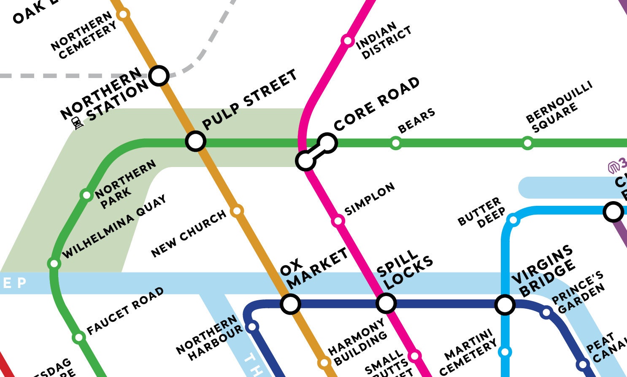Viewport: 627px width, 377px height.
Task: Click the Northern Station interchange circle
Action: (159, 76)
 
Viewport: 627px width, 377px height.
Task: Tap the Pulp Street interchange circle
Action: (196, 141)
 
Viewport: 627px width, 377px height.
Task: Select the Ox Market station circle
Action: (291, 304)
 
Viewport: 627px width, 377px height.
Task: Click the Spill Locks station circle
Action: (386, 303)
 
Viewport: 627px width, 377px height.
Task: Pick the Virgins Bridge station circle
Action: (505, 304)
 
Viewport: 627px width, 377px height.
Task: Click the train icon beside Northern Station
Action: (78, 124)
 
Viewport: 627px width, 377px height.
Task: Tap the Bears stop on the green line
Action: (395, 143)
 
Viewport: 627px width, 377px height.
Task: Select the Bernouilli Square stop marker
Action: (527, 143)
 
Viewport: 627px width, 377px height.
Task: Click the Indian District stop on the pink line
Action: (347, 41)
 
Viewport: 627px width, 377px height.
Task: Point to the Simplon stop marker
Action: (338, 221)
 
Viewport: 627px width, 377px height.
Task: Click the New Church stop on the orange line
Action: (237, 210)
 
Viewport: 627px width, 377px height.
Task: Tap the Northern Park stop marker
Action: (86, 195)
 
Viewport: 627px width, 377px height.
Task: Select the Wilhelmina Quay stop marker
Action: (54, 264)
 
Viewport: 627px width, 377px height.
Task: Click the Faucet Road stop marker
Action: (78, 337)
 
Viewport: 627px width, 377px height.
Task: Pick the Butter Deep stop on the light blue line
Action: (513, 220)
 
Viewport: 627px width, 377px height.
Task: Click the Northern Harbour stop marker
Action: (252, 327)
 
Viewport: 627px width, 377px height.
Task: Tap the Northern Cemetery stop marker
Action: (123, 15)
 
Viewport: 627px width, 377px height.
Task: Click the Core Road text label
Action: (376, 104)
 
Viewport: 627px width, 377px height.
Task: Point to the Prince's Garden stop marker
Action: (546, 312)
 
